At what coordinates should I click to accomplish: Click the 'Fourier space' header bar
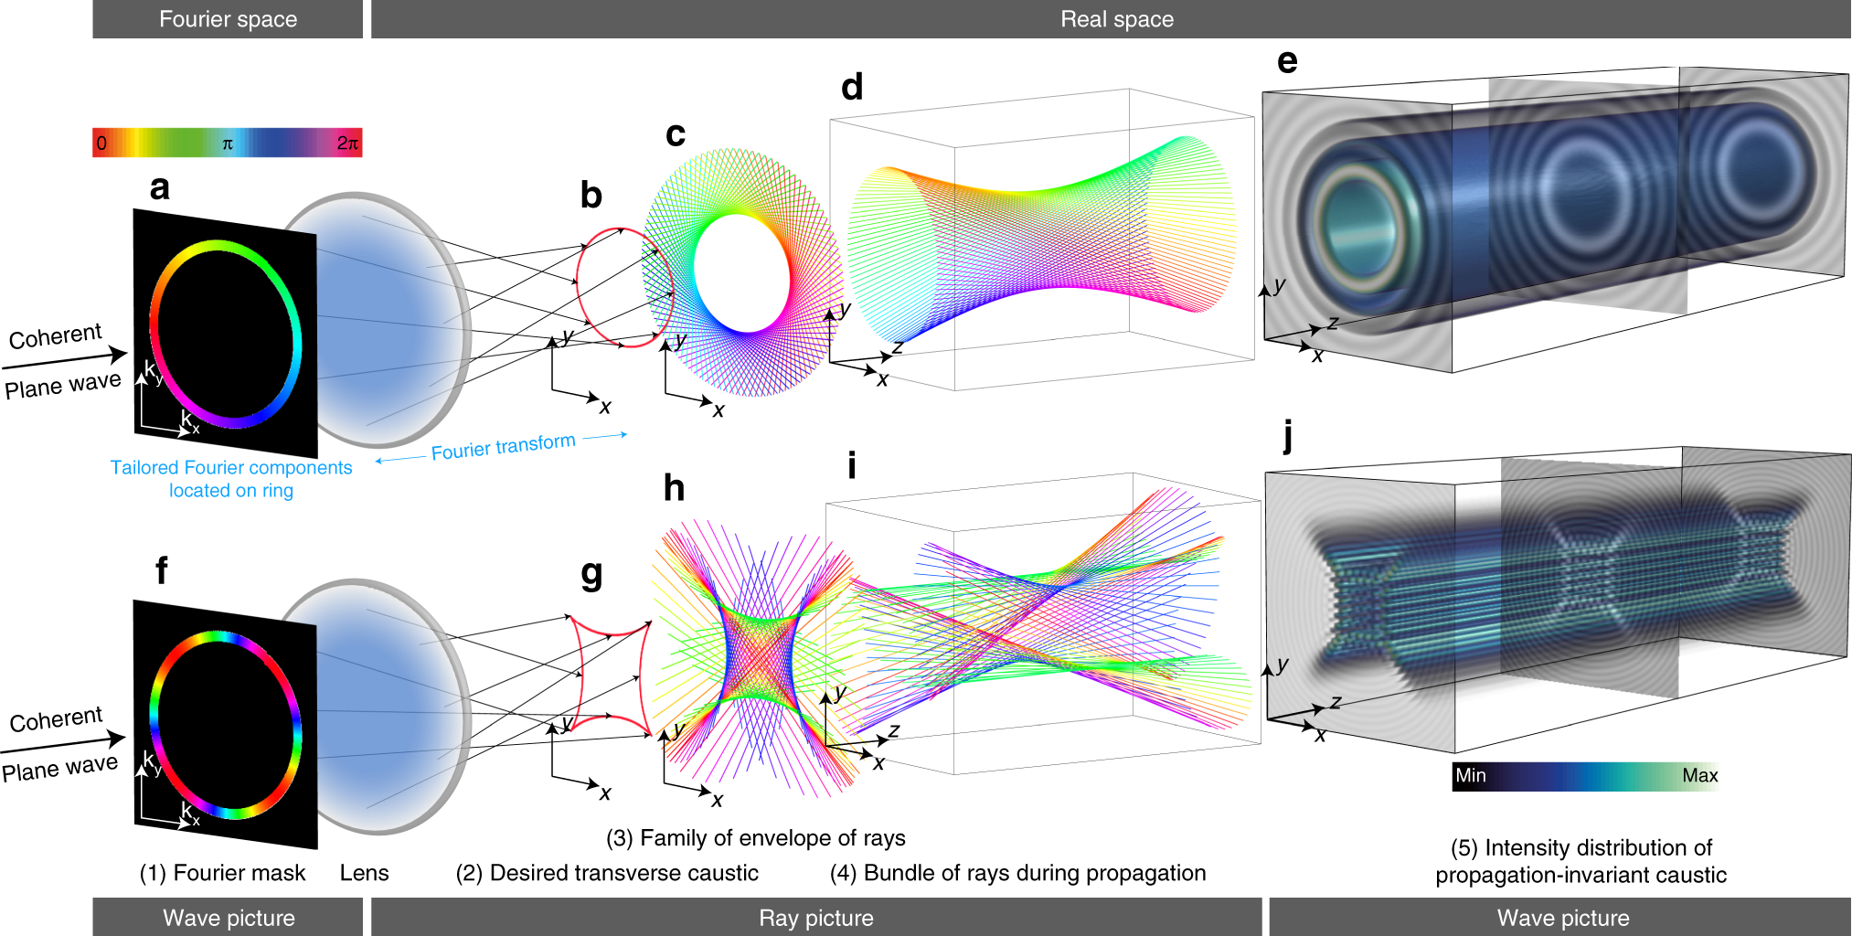pyautogui.click(x=228, y=19)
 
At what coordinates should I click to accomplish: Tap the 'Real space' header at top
pyautogui.click(x=1116, y=19)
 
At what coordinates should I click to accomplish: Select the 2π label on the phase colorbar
pyautogui.click(x=347, y=143)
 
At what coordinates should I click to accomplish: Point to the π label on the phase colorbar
pyautogui.click(x=228, y=144)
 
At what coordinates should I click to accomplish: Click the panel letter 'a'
pyautogui.click(x=160, y=187)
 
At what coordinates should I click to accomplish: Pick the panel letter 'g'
pyautogui.click(x=591, y=574)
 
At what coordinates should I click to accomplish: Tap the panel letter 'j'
pyautogui.click(x=1288, y=436)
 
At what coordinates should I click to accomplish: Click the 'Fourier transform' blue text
pyautogui.click(x=503, y=447)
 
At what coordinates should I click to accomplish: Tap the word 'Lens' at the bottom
pyautogui.click(x=364, y=873)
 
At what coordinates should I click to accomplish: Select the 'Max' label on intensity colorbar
pyautogui.click(x=1699, y=775)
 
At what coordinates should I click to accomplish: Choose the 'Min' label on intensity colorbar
pyautogui.click(x=1471, y=775)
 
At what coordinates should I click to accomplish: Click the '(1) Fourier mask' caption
pyautogui.click(x=222, y=873)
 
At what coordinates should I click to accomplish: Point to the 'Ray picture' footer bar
pyautogui.click(x=815, y=918)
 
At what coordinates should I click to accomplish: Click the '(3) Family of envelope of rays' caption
pyautogui.click(x=755, y=837)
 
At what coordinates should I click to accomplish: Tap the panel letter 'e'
pyautogui.click(x=1287, y=61)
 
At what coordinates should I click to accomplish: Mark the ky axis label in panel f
pyautogui.click(x=152, y=761)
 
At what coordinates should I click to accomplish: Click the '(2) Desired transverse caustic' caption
pyautogui.click(x=607, y=873)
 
